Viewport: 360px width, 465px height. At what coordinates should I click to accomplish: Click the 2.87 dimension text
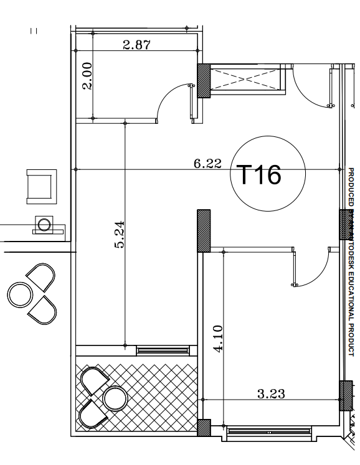point(136,44)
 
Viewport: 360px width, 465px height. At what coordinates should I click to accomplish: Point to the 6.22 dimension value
point(207,164)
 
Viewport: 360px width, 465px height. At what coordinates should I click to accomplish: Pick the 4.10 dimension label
point(218,339)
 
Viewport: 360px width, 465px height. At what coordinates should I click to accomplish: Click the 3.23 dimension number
point(271,393)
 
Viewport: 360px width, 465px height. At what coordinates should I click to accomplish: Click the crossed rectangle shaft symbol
point(247,80)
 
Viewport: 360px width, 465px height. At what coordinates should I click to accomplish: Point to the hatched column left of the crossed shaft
point(204,80)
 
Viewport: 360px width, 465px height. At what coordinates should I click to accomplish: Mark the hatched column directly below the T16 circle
point(204,230)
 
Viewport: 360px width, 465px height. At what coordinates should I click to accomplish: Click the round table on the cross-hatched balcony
point(115,398)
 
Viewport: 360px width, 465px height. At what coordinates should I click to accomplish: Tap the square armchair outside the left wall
point(40,186)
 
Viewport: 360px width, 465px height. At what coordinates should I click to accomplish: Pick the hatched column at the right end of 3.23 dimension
point(346,395)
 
